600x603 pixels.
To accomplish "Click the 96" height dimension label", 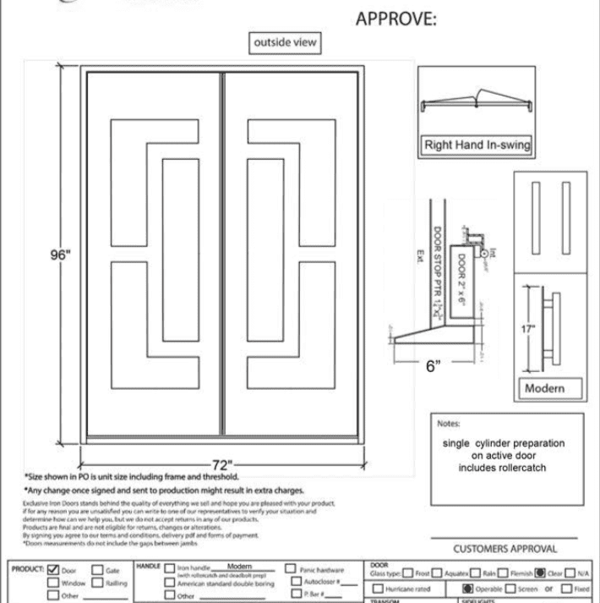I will tap(58, 256).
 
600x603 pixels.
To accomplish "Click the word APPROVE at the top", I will tap(396, 19).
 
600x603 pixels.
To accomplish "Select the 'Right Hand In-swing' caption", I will tap(477, 145).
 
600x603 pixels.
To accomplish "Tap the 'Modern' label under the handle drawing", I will tap(545, 389).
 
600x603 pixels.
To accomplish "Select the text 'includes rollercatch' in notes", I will tap(503, 468).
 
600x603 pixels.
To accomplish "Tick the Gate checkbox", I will tap(96, 571).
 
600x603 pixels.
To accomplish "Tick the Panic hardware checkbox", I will tap(291, 570).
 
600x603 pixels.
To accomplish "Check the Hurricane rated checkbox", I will tap(379, 589).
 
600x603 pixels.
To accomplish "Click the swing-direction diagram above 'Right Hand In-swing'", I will tap(477, 101).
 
